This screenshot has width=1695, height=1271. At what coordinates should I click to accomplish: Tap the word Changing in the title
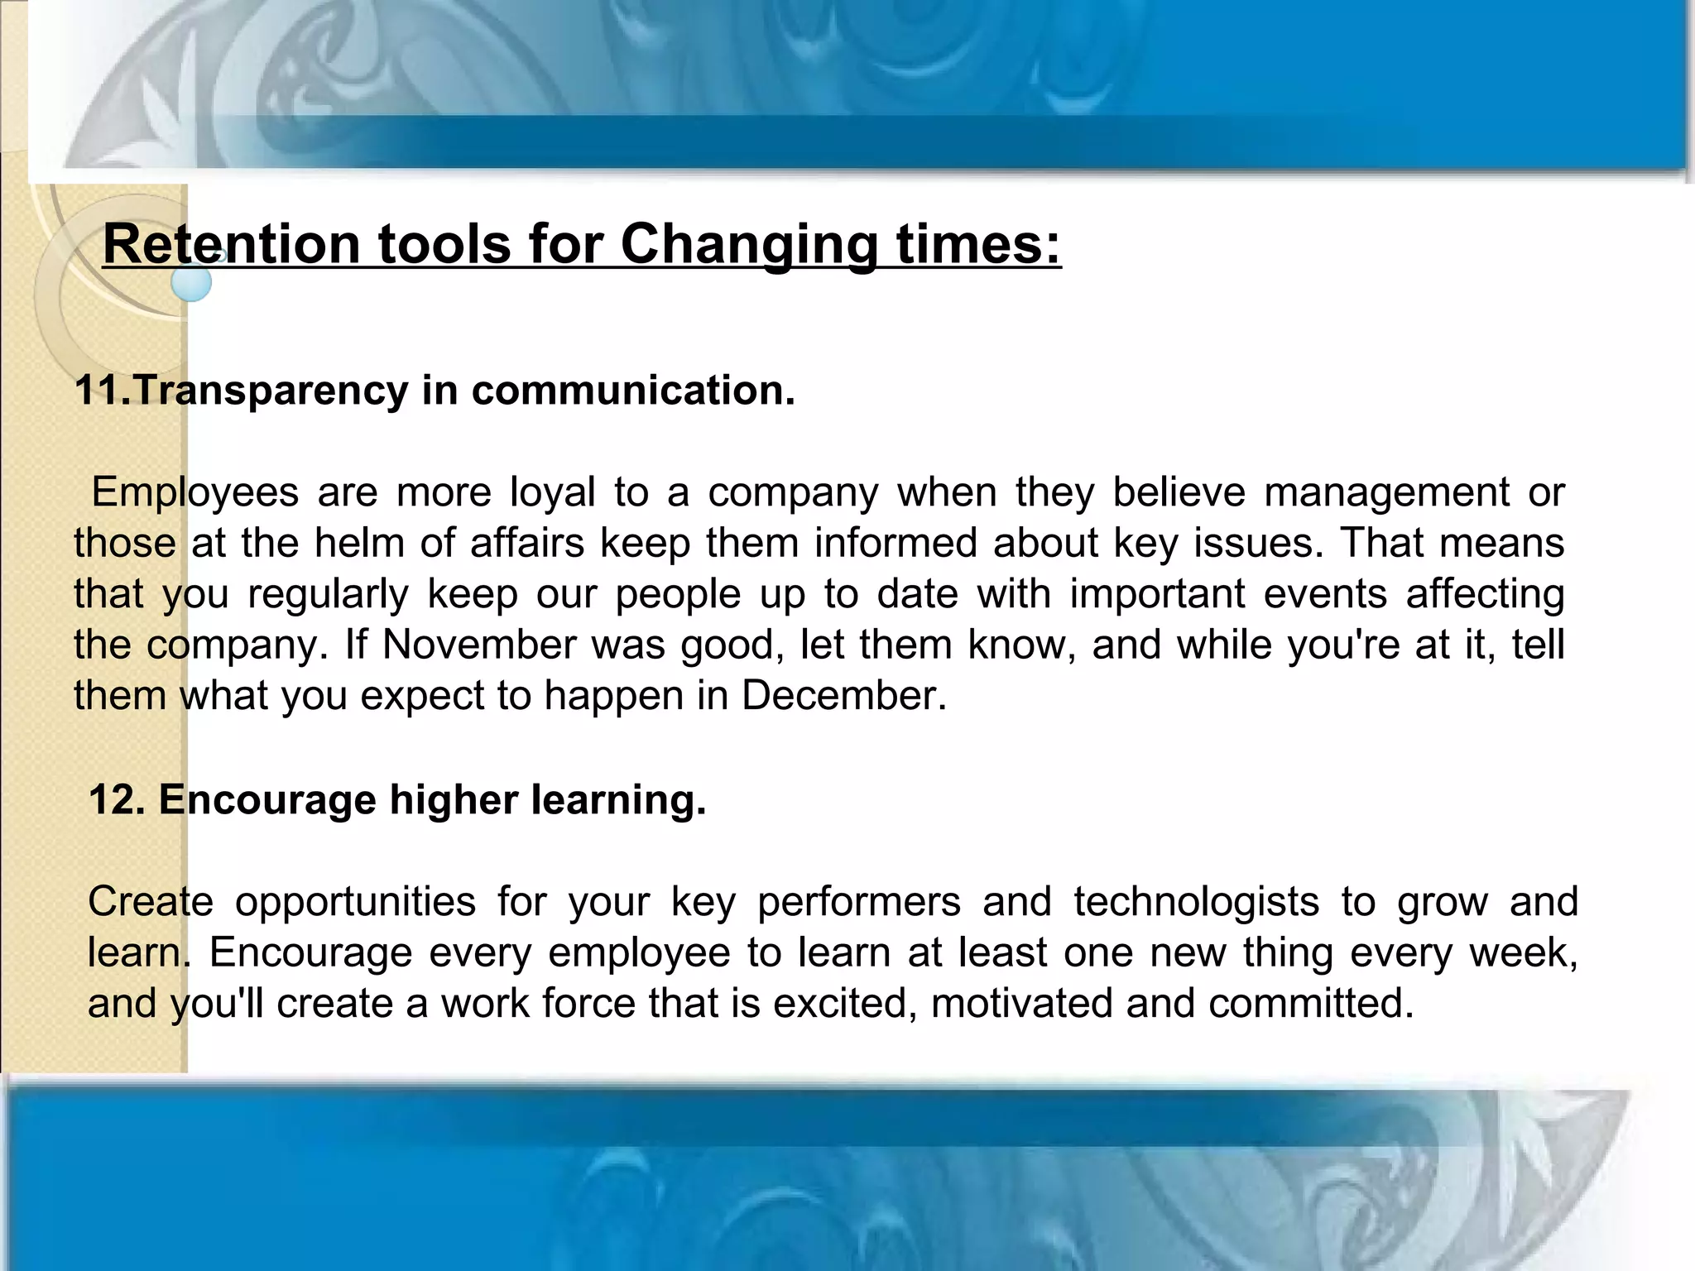tap(748, 244)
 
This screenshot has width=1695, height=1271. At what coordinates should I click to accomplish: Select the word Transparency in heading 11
tap(270, 391)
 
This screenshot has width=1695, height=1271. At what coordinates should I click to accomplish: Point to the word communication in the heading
tap(633, 391)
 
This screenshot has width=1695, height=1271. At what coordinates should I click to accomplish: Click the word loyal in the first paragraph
tap(552, 492)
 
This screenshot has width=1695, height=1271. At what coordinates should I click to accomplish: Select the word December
tap(843, 696)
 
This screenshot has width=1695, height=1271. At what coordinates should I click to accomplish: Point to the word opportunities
tap(355, 902)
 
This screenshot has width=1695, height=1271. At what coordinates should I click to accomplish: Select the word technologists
tap(1196, 902)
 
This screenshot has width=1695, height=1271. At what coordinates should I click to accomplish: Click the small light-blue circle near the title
tap(191, 282)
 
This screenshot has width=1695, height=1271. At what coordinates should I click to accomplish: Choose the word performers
tap(859, 902)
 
